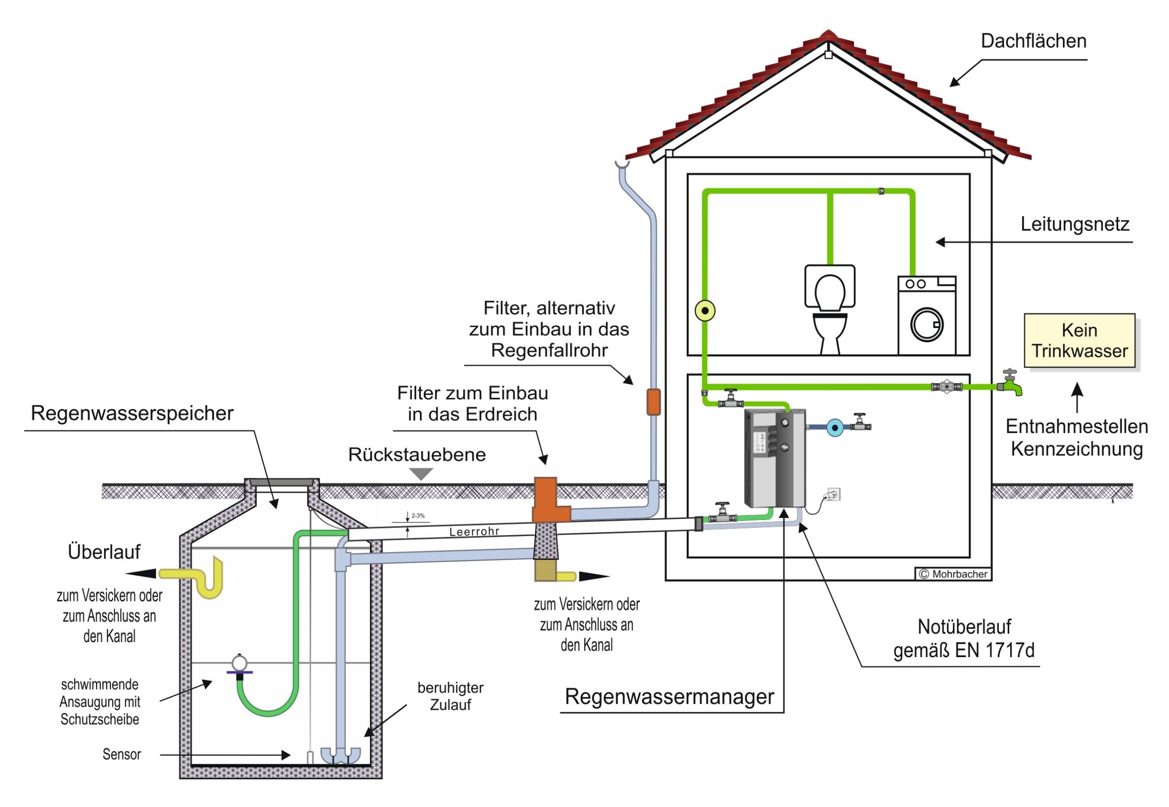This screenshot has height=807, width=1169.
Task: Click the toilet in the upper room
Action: [829, 308]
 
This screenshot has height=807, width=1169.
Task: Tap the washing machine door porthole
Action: [926, 325]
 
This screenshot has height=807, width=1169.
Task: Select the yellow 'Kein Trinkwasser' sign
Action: [1079, 340]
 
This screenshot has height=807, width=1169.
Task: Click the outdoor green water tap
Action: [1012, 385]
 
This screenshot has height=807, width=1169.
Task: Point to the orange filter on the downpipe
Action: [653, 402]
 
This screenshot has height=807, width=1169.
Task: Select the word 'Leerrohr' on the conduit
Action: [474, 531]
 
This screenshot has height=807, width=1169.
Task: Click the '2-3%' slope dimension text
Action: [418, 516]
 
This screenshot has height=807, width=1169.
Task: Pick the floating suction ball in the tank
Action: [239, 662]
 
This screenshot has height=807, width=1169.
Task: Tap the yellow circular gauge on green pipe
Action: [705, 311]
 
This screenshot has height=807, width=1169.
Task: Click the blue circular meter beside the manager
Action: [835, 428]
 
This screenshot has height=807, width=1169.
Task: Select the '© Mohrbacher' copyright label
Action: [953, 574]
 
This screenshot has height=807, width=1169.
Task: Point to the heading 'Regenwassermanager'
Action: [668, 697]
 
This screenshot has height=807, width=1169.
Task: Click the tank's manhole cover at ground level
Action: [281, 482]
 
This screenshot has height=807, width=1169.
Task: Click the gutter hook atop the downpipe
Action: [622, 165]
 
